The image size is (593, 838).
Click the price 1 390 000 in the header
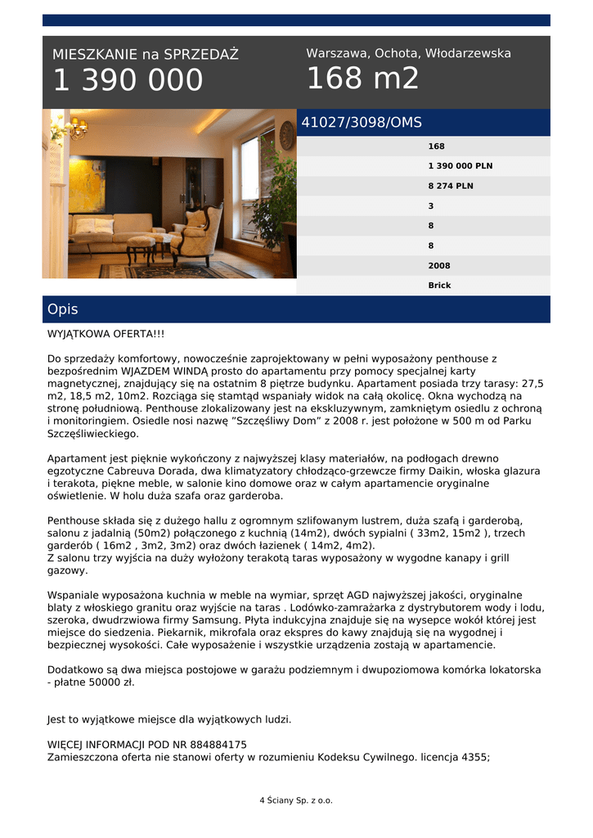point(128,80)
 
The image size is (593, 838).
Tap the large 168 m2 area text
point(362,79)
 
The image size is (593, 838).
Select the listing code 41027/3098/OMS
point(362,123)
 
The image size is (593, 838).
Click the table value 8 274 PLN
point(450,186)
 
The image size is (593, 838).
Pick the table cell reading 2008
point(439,265)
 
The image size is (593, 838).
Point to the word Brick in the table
point(439,286)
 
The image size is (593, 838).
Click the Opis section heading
point(63,309)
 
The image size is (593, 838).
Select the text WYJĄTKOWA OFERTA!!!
point(106,334)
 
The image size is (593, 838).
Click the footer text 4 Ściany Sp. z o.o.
point(296,800)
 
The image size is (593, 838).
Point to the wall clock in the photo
point(286,135)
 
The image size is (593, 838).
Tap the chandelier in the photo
point(78,126)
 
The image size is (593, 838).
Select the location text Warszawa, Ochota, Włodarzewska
point(408,53)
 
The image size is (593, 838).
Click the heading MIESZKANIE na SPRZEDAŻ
point(146,55)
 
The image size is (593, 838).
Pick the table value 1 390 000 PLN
point(460,166)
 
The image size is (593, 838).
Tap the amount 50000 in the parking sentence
point(101,682)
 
